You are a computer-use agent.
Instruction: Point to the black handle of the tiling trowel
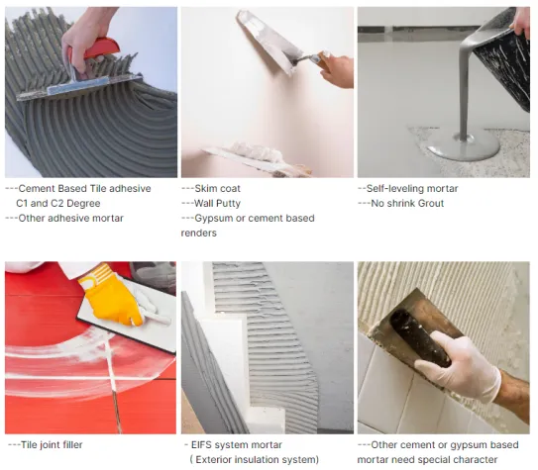419,337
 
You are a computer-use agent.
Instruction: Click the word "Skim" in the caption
205,188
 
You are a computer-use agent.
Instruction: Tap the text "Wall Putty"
217,203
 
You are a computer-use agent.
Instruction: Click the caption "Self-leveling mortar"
412,188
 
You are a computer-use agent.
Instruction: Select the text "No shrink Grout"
407,203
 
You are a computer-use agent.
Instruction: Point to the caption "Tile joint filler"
52,444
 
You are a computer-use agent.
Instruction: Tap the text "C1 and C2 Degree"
58,203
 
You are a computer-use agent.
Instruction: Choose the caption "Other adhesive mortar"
70,218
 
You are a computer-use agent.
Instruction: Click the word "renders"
199,233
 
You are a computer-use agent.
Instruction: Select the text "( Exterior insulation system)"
255,459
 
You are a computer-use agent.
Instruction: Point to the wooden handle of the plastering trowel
323,60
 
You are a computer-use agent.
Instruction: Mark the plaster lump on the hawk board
256,151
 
